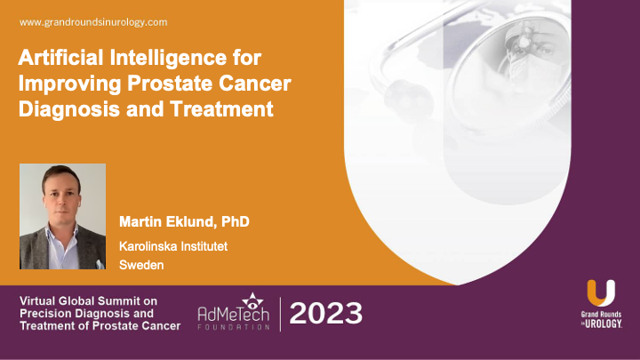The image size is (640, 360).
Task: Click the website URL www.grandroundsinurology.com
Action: pos(92,20)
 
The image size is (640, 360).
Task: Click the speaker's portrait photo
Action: pos(63,216)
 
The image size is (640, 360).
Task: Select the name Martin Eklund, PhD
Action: pos(184,220)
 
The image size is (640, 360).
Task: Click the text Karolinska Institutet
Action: pos(173,244)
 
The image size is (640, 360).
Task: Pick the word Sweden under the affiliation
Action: pos(139,264)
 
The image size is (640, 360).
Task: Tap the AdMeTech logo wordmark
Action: pos(234,315)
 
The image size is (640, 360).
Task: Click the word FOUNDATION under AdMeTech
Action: pos(234,327)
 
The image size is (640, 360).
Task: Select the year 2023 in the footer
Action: pos(326,313)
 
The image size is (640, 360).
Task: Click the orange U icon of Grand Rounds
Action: pos(600,293)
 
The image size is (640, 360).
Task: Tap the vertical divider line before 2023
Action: pos(281,313)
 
